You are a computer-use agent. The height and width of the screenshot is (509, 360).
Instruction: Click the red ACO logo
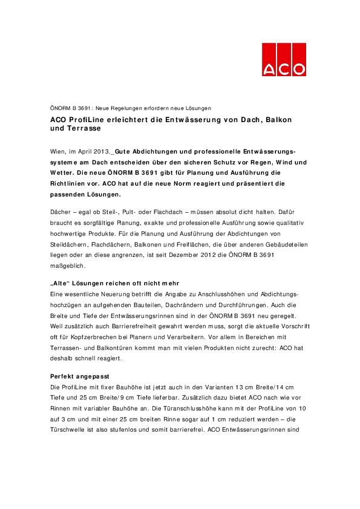[284, 60]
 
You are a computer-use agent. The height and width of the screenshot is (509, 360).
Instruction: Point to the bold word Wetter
[63, 172]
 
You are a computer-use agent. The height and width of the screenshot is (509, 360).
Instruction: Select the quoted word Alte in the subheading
[62, 284]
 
